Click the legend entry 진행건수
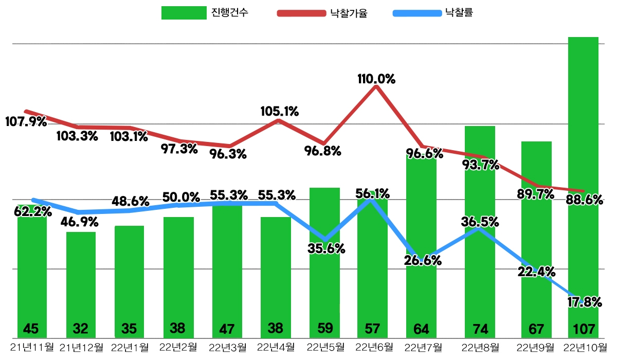tap(205, 13)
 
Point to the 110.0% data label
tap(376, 79)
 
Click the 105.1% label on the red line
tap(279, 111)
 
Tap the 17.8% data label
tap(584, 302)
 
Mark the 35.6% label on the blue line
tap(326, 248)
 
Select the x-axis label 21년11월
tap(31, 347)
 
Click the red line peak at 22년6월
tap(376, 86)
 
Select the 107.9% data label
tap(26, 122)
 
